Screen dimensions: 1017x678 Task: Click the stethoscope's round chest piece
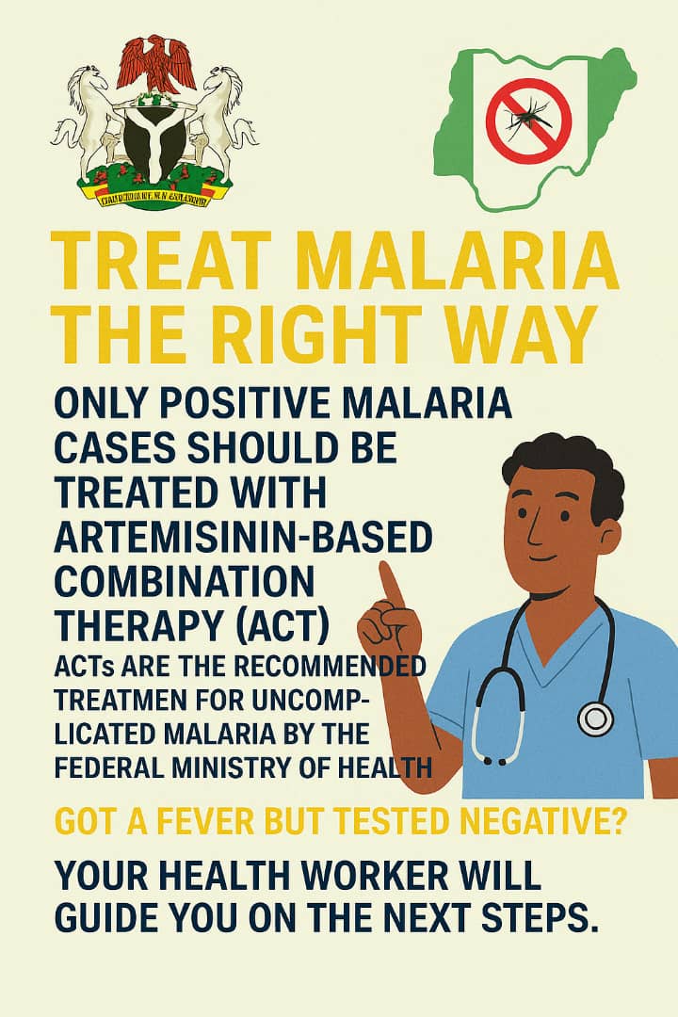pyautogui.click(x=596, y=719)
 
